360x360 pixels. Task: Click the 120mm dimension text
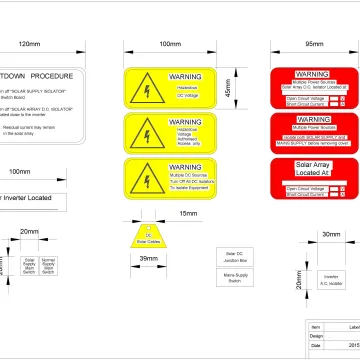coord(30,45)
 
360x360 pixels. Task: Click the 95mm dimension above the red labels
coord(314,45)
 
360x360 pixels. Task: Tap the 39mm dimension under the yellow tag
coord(147,259)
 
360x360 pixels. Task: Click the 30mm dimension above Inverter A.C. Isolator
coord(330,234)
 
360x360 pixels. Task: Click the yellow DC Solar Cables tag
coord(147,236)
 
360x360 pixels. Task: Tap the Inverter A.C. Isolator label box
coord(331,281)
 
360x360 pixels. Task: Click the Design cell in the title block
coord(318,338)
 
